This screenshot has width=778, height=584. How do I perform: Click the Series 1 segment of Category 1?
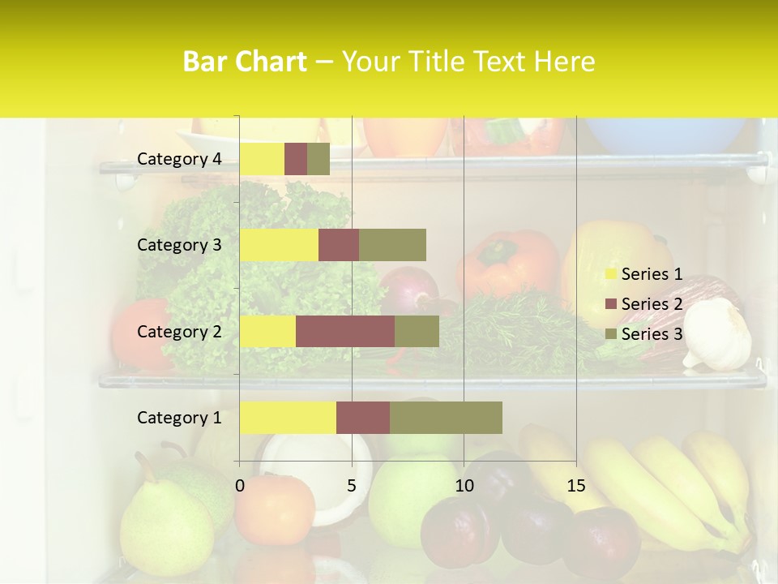click(x=288, y=418)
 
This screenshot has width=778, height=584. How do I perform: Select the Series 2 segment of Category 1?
click(x=363, y=418)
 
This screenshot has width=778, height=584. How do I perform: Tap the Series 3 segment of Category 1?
click(x=446, y=418)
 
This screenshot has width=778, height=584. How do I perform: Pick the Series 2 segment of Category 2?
click(x=345, y=331)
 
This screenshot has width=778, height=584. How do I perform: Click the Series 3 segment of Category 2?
click(x=417, y=331)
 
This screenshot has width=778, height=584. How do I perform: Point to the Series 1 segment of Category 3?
click(x=279, y=245)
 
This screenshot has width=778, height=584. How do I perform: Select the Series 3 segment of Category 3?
click(x=392, y=245)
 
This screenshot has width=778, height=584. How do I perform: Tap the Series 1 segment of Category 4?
click(x=262, y=159)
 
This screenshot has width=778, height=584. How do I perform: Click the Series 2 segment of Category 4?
click(x=296, y=159)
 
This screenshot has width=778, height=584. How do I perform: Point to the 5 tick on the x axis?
click(x=352, y=486)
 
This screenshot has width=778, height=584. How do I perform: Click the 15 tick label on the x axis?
click(x=575, y=486)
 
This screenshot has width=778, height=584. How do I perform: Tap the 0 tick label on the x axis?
click(x=240, y=486)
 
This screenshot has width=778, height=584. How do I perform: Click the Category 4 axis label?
click(x=179, y=159)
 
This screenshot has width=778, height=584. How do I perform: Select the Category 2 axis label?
click(x=179, y=331)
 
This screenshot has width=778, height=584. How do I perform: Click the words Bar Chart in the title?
click(x=245, y=62)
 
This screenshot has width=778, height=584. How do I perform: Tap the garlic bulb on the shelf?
click(x=719, y=334)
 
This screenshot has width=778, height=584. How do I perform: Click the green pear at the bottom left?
click(x=166, y=519)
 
